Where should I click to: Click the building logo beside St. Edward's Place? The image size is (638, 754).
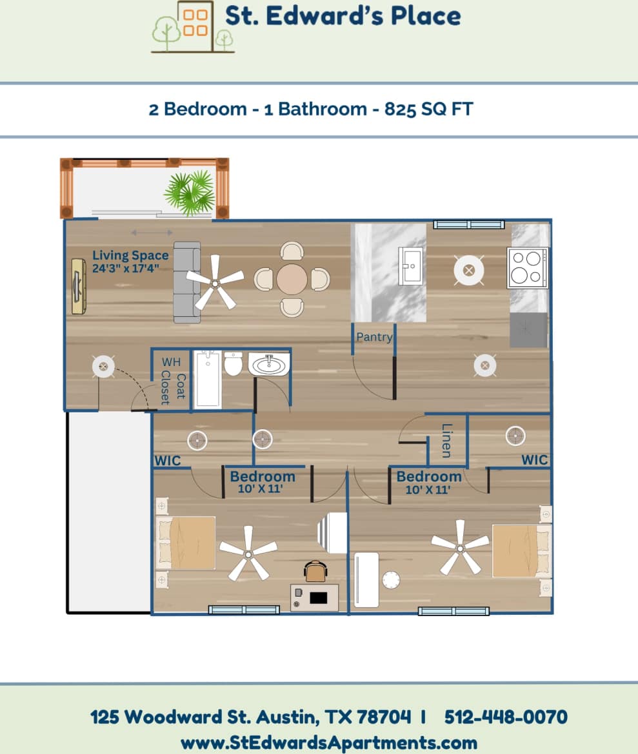click(x=192, y=27)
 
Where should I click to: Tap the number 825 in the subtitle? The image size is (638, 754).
click(x=399, y=109)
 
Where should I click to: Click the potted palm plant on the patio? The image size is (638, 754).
click(x=189, y=192)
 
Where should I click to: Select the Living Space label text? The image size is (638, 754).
click(x=130, y=255)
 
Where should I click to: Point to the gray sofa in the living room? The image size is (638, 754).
click(x=186, y=282)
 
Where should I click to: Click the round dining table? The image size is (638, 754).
click(x=292, y=280)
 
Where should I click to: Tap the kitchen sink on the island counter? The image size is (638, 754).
click(x=410, y=266)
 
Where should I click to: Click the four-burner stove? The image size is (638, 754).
click(x=527, y=267)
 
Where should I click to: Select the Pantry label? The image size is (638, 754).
click(x=375, y=337)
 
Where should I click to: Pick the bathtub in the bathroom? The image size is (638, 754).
click(x=208, y=379)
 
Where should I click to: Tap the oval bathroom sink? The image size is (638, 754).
click(x=270, y=365)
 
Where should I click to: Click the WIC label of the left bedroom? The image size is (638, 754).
click(x=167, y=461)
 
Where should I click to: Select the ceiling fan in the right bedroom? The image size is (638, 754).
click(x=459, y=546)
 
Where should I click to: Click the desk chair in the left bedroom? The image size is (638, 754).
click(x=315, y=571)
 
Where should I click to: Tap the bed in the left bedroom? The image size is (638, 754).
click(x=186, y=543)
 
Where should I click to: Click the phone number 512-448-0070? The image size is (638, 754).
click(x=506, y=717)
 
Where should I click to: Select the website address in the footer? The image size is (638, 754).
click(x=328, y=742)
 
